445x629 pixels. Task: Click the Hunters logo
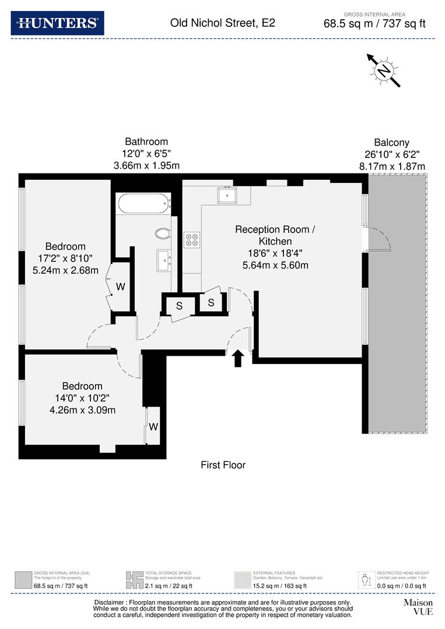tap(57, 23)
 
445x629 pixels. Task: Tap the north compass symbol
tap(383, 70)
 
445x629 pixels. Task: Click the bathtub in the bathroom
tap(143, 204)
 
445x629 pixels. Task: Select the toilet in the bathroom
tap(163, 234)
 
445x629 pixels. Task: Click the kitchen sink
tap(226, 195)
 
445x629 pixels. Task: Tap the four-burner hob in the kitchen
tap(192, 239)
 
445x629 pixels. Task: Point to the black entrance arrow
tap(238, 358)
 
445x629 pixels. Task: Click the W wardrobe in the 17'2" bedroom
tap(120, 287)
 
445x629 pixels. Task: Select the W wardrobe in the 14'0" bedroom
tap(153, 426)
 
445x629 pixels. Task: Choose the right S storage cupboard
tap(211, 302)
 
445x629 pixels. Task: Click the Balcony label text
tap(391, 143)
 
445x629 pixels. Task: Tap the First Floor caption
tap(223, 465)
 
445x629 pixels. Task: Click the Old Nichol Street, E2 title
tap(222, 23)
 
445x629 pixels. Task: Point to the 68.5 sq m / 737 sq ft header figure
tap(374, 24)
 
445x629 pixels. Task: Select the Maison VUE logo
tap(418, 607)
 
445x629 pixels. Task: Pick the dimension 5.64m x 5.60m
tap(275, 266)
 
